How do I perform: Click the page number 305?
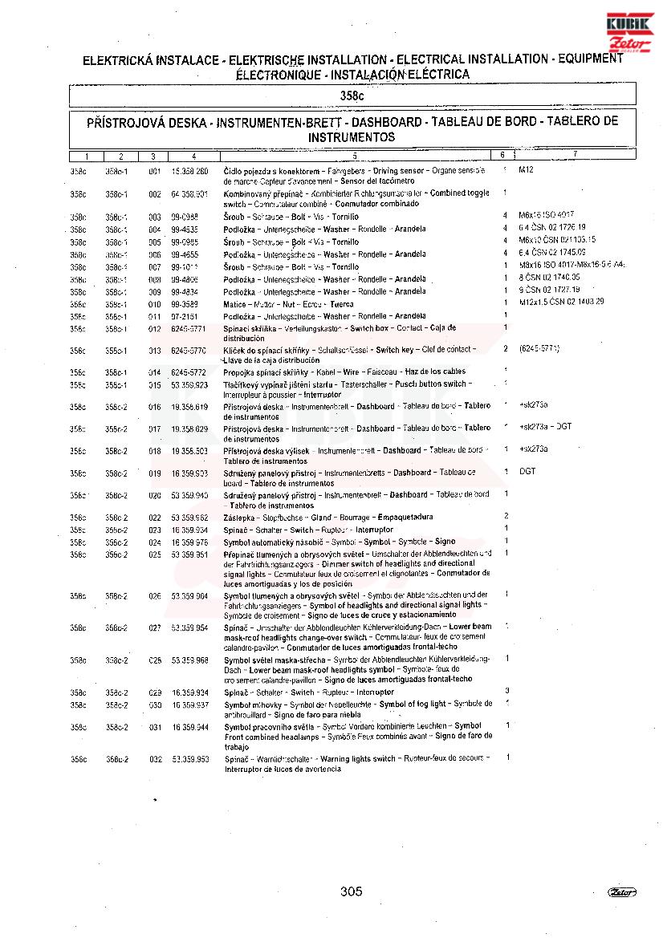351,891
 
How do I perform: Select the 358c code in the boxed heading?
352,95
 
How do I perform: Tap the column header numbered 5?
354,155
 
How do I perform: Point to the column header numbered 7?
575,154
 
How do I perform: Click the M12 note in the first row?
526,170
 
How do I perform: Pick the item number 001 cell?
155,172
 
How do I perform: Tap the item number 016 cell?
155,407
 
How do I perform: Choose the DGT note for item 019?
527,472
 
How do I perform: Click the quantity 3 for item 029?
506,691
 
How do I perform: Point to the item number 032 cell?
155,759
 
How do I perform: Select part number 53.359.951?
189,554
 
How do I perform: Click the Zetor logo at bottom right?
622,892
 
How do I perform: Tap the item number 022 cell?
155,518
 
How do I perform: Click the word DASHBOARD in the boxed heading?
387,123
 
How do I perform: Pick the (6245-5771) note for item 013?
539,349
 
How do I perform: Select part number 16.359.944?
189,727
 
